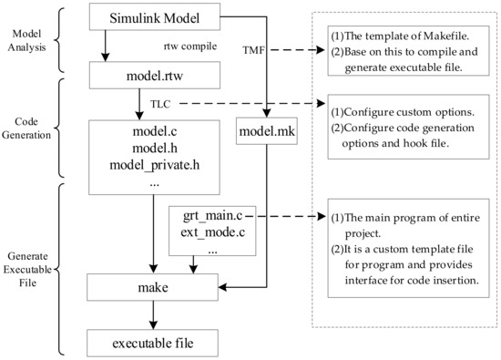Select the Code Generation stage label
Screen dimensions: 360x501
click(29, 137)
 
